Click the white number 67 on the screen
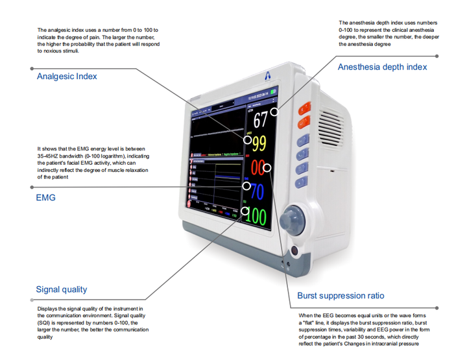pos(259,120)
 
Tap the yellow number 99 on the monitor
pos(259,143)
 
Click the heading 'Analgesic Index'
pos(67,77)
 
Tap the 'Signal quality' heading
pos(62,290)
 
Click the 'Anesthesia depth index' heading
pos(382,67)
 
